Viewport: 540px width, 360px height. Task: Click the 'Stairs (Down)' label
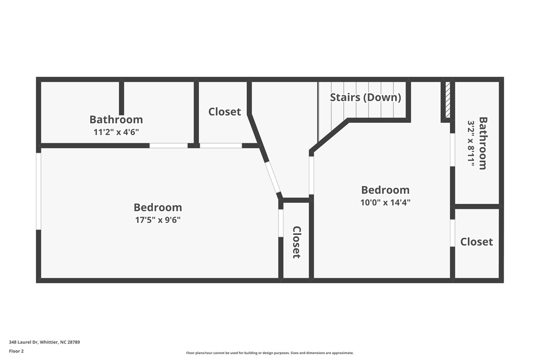pyautogui.click(x=365, y=98)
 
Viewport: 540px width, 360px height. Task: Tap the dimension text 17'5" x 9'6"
pyautogui.click(x=158, y=220)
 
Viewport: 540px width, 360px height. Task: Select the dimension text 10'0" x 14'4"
pyautogui.click(x=385, y=202)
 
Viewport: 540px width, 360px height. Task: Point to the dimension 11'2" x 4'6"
pyautogui.click(x=116, y=132)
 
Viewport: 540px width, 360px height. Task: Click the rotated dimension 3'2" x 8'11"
pyautogui.click(x=471, y=144)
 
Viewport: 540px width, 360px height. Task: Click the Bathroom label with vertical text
pyautogui.click(x=483, y=143)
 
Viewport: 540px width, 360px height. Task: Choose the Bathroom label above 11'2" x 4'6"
pyautogui.click(x=116, y=120)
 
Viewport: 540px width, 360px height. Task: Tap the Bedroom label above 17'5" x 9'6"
pyautogui.click(x=158, y=208)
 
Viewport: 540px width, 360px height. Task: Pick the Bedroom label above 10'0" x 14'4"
pyautogui.click(x=385, y=190)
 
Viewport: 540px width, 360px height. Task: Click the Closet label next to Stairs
pyautogui.click(x=225, y=112)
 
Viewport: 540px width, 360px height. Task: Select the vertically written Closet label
pyautogui.click(x=296, y=242)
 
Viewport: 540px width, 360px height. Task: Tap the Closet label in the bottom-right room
pyautogui.click(x=476, y=241)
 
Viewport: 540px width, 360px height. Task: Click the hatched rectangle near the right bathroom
pyautogui.click(x=448, y=100)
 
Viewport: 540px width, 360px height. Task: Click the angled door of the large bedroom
pyautogui.click(x=273, y=178)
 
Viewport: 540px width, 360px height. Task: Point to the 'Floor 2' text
pyautogui.click(x=16, y=351)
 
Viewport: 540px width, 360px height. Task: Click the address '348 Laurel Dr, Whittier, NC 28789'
pyautogui.click(x=44, y=342)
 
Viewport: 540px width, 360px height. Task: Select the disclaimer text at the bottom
pyautogui.click(x=269, y=353)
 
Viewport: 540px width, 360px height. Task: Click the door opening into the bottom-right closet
pyautogui.click(x=452, y=233)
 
